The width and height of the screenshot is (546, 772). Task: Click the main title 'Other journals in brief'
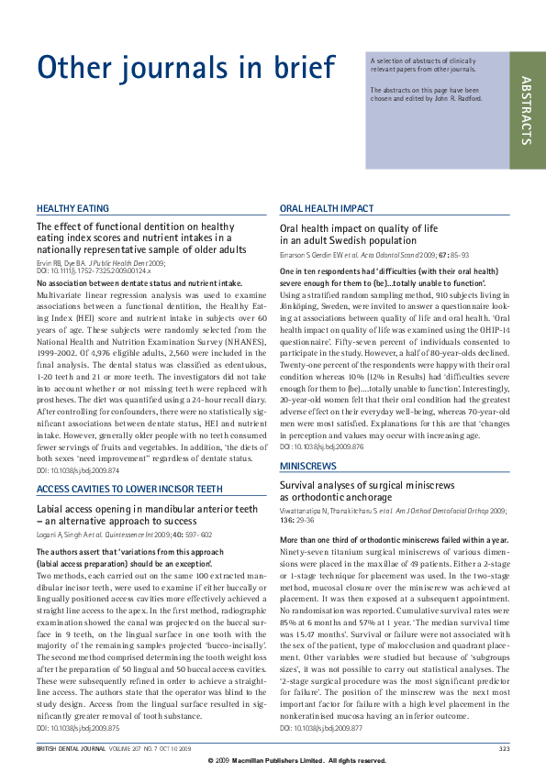[x=184, y=67]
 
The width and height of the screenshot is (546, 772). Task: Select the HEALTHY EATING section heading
[x=72, y=209]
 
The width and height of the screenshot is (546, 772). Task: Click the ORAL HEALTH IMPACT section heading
[x=327, y=209]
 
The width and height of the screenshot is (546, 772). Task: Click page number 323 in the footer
[x=504, y=749]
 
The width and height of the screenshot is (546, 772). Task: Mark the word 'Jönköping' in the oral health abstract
[x=298, y=307]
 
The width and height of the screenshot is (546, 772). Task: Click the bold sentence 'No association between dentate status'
[x=139, y=284]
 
